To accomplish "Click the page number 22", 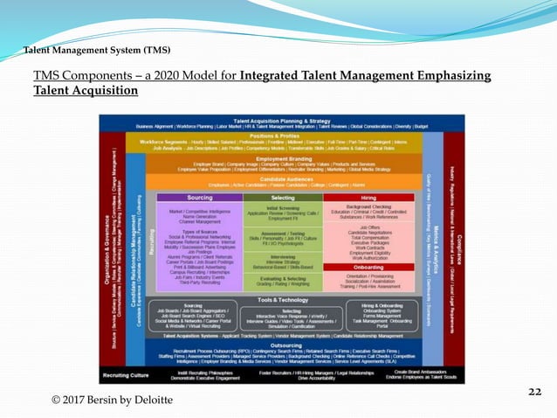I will [533, 393].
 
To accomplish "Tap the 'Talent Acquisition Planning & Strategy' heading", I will [281, 120].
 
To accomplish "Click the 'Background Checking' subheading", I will [368, 206].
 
